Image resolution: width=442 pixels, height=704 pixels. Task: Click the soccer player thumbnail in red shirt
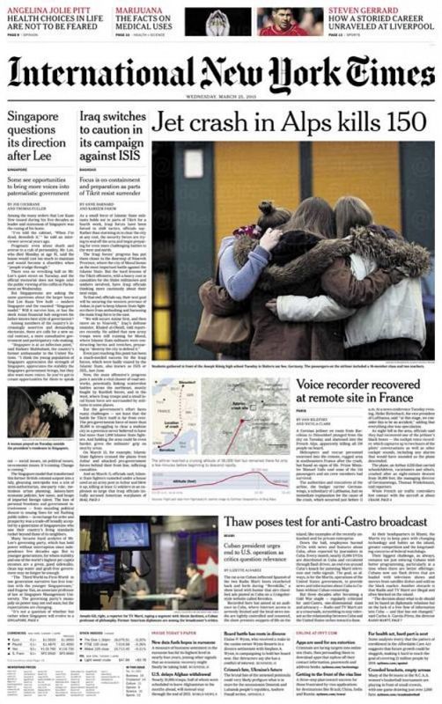point(417,20)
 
